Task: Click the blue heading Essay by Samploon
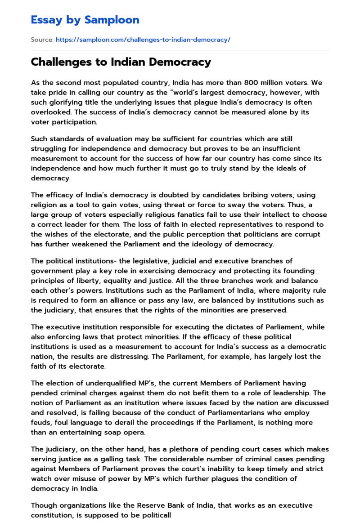[85, 20]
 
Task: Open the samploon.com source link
[143, 40]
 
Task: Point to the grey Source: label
[42, 40]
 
